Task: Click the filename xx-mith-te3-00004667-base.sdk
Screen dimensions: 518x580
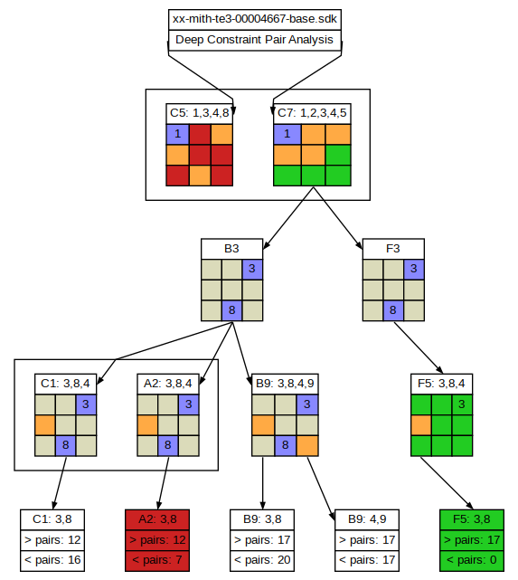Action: (x=255, y=19)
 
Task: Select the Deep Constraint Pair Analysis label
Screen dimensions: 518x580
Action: (x=254, y=40)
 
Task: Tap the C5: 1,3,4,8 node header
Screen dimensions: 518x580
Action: (x=200, y=113)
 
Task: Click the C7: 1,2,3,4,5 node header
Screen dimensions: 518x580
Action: (x=312, y=113)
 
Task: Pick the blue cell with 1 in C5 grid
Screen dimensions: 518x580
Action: (x=178, y=134)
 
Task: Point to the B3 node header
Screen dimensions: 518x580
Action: (x=232, y=249)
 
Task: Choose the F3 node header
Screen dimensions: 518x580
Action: (x=393, y=249)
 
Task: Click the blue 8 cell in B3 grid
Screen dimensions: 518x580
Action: (x=232, y=310)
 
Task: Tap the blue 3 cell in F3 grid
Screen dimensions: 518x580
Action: (x=414, y=269)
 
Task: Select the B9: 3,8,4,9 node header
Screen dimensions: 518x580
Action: (x=285, y=384)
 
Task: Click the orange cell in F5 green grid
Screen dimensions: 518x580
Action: (x=421, y=425)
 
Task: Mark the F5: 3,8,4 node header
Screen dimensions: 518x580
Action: (x=441, y=384)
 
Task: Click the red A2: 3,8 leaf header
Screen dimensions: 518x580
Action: (x=157, y=519)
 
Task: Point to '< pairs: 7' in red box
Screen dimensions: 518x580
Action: (x=157, y=560)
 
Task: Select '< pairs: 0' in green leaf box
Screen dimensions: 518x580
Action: (x=472, y=560)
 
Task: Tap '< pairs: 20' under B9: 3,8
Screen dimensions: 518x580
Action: (x=262, y=560)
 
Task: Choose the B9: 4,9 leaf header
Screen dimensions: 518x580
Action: (x=367, y=519)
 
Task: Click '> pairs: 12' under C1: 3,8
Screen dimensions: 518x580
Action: (x=52, y=540)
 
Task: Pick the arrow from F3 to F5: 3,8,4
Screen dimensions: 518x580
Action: (x=419, y=347)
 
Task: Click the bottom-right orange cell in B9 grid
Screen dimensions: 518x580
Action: (x=307, y=446)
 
